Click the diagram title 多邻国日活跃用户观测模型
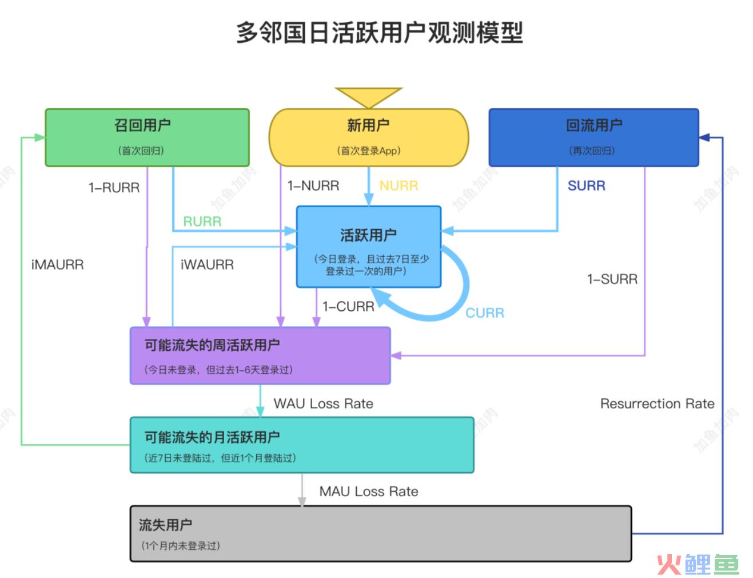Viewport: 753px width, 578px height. (x=380, y=33)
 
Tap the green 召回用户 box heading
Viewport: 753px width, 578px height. (x=142, y=125)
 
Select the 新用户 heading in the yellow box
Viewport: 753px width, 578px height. (x=368, y=125)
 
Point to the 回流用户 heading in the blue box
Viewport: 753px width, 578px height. (x=594, y=125)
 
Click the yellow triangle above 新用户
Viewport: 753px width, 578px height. (x=369, y=96)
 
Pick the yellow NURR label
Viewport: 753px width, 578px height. (x=399, y=186)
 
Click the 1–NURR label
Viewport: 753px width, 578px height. (x=313, y=186)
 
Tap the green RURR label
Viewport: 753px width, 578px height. (x=202, y=221)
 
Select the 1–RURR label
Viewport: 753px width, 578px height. (x=114, y=188)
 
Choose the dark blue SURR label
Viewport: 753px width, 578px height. (x=586, y=186)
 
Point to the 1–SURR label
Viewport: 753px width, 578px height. (x=612, y=279)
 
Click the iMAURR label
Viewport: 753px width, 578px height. (x=58, y=265)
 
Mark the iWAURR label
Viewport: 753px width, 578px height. (x=207, y=265)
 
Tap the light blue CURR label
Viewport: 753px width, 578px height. (x=485, y=313)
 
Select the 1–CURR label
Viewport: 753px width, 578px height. (x=348, y=307)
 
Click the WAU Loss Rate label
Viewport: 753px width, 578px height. (x=323, y=403)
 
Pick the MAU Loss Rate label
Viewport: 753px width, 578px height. (x=369, y=492)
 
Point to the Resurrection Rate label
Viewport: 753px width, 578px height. (x=658, y=403)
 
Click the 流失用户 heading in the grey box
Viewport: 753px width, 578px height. (x=165, y=525)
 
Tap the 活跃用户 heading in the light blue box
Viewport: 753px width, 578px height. (x=368, y=235)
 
